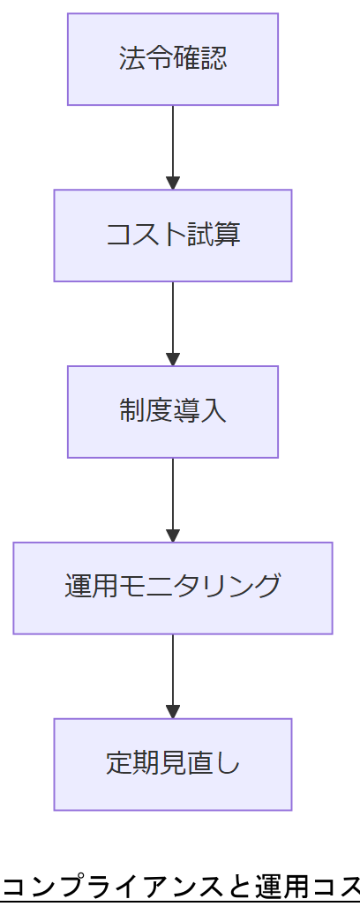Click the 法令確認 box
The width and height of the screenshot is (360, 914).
tap(173, 59)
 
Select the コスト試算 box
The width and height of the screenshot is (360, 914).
tap(173, 236)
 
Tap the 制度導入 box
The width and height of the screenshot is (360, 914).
tap(173, 412)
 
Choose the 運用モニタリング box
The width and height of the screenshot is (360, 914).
tap(173, 588)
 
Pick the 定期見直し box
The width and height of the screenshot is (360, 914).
tap(173, 764)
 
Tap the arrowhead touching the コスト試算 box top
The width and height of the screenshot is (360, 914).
tap(173, 184)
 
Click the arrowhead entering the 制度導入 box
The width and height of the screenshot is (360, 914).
tap(173, 360)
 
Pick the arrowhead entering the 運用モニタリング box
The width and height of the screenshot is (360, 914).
tap(173, 536)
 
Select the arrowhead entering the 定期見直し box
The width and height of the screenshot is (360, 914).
tap(173, 712)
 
